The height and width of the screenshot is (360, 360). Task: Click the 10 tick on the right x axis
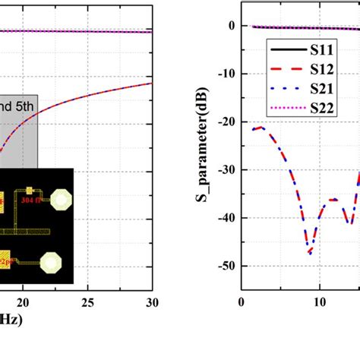(319, 303)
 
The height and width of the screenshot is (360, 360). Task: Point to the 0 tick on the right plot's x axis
(241, 303)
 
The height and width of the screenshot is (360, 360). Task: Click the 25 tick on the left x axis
(87, 303)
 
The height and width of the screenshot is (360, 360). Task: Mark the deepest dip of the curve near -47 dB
(310, 252)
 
